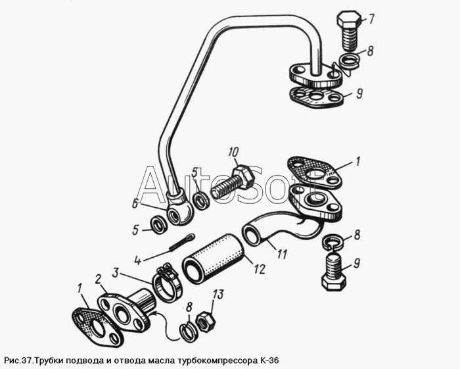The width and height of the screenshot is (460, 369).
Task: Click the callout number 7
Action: [x=371, y=19]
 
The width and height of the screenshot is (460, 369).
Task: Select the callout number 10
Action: [x=234, y=153]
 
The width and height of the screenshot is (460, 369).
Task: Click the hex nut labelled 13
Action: [x=205, y=322]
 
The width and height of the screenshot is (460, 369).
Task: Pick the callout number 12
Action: [x=260, y=268]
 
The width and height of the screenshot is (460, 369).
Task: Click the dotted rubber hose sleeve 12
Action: [x=214, y=257]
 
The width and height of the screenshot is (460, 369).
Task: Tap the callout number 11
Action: [x=282, y=254]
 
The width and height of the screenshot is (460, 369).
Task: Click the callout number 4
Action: [x=138, y=260]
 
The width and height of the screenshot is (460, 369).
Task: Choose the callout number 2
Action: [x=99, y=278]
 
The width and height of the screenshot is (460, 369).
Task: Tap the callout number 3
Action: [x=116, y=274]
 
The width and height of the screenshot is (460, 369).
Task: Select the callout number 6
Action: [x=135, y=203]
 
